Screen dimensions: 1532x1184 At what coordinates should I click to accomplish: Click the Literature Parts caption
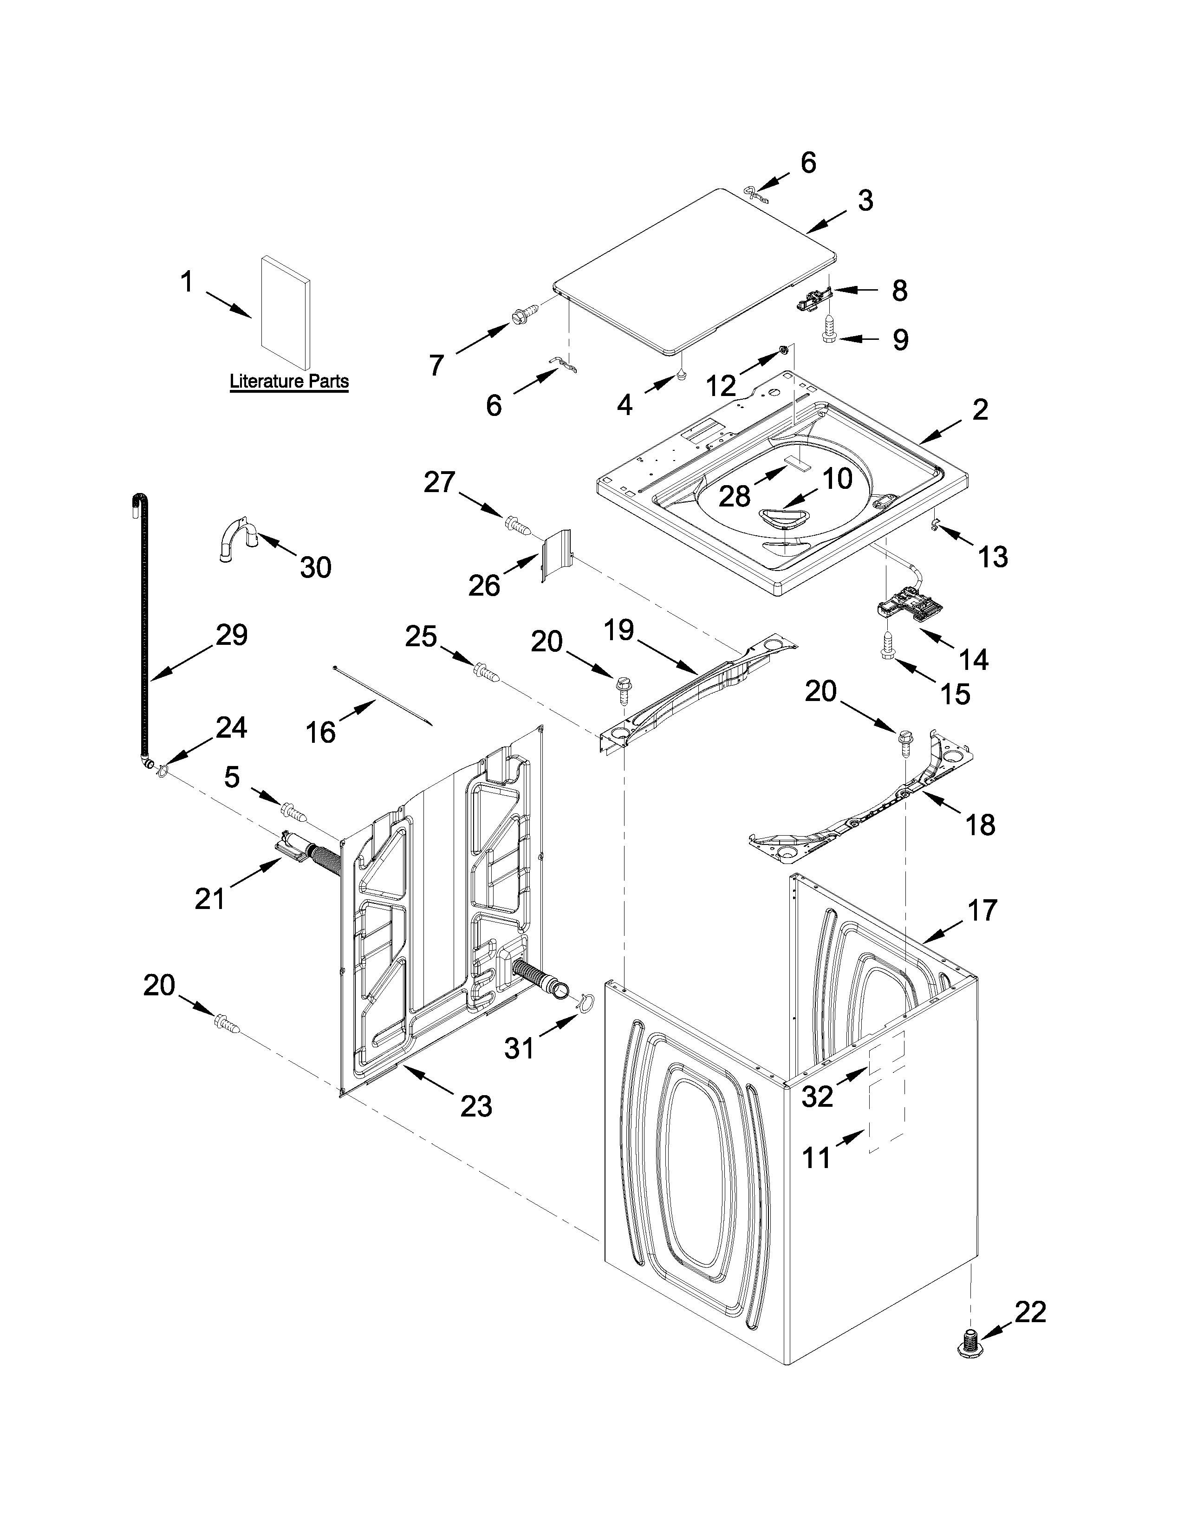tap(289, 382)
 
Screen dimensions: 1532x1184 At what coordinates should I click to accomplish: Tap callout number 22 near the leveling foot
tap(1030, 1312)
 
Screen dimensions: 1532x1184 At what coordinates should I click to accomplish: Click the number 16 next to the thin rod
tap(320, 732)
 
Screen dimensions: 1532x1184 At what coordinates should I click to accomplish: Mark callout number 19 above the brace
tap(618, 630)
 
